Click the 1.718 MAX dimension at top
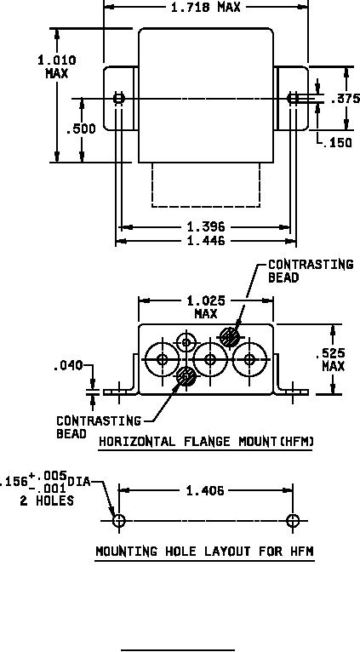coord(206,7)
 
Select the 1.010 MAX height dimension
coord(57,66)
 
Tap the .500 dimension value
coord(81,129)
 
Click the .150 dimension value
coord(337,143)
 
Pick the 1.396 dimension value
coord(206,227)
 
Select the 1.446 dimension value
coord(206,240)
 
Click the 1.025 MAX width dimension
coord(206,306)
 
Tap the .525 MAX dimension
coord(334,360)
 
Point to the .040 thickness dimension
coord(69,366)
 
